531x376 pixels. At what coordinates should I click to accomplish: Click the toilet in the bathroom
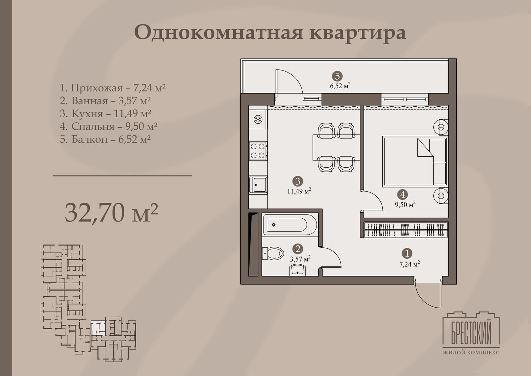tap(273, 253)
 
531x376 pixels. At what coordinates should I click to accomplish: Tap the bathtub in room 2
tap(290, 225)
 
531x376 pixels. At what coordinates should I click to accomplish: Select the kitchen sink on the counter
tap(258, 185)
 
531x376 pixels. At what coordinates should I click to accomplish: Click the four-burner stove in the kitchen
tap(258, 151)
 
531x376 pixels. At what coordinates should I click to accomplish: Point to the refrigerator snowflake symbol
tap(258, 119)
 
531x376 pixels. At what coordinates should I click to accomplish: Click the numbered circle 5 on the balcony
tap(337, 76)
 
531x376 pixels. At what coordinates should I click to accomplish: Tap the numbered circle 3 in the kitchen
tap(298, 181)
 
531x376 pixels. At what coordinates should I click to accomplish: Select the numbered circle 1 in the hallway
tap(407, 253)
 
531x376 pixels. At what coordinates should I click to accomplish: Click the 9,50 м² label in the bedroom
tap(405, 204)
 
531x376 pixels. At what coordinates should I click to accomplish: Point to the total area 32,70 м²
tap(112, 213)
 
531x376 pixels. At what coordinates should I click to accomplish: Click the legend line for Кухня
tap(105, 113)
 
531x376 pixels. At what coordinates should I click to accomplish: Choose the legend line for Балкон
tap(105, 139)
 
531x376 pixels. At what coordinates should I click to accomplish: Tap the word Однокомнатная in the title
tap(218, 32)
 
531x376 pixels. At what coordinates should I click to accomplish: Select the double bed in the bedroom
tap(415, 161)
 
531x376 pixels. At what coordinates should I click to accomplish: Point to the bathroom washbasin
tap(297, 270)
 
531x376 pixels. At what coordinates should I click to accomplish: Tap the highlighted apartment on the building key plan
tap(98, 328)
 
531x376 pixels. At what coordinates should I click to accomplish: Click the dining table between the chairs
tap(336, 147)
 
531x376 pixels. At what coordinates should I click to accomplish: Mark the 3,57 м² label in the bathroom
tap(300, 259)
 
